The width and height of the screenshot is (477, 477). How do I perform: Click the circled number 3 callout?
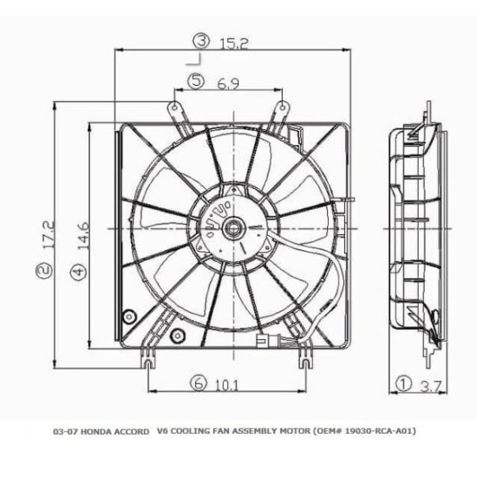tap(202, 42)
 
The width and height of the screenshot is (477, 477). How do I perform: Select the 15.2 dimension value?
tap(234, 43)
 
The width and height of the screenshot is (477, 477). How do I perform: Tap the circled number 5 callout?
tap(196, 81)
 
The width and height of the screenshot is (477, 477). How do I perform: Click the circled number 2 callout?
tap(44, 271)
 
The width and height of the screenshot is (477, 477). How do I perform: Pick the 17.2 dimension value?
tap(49, 234)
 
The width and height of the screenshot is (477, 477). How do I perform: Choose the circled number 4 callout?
tap(78, 271)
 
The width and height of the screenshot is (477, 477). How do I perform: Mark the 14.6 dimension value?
tap(82, 235)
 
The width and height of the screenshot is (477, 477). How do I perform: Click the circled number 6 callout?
tap(199, 382)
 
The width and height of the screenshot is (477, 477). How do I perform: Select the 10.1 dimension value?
tap(227, 386)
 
